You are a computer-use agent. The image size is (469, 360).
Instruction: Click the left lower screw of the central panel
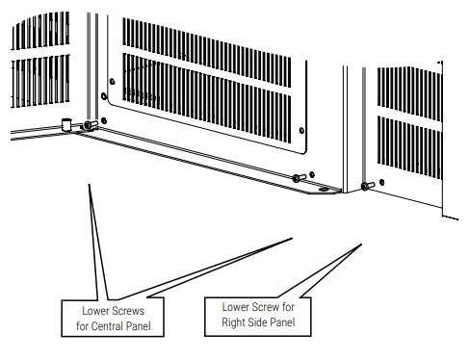pos(89,125)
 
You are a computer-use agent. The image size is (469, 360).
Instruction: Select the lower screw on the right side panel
pos(364,185)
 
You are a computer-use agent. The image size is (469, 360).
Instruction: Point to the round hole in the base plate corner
pos(321,190)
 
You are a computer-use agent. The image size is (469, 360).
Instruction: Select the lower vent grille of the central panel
pos(212,106)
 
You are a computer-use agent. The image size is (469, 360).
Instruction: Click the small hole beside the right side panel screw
pos(382,181)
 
